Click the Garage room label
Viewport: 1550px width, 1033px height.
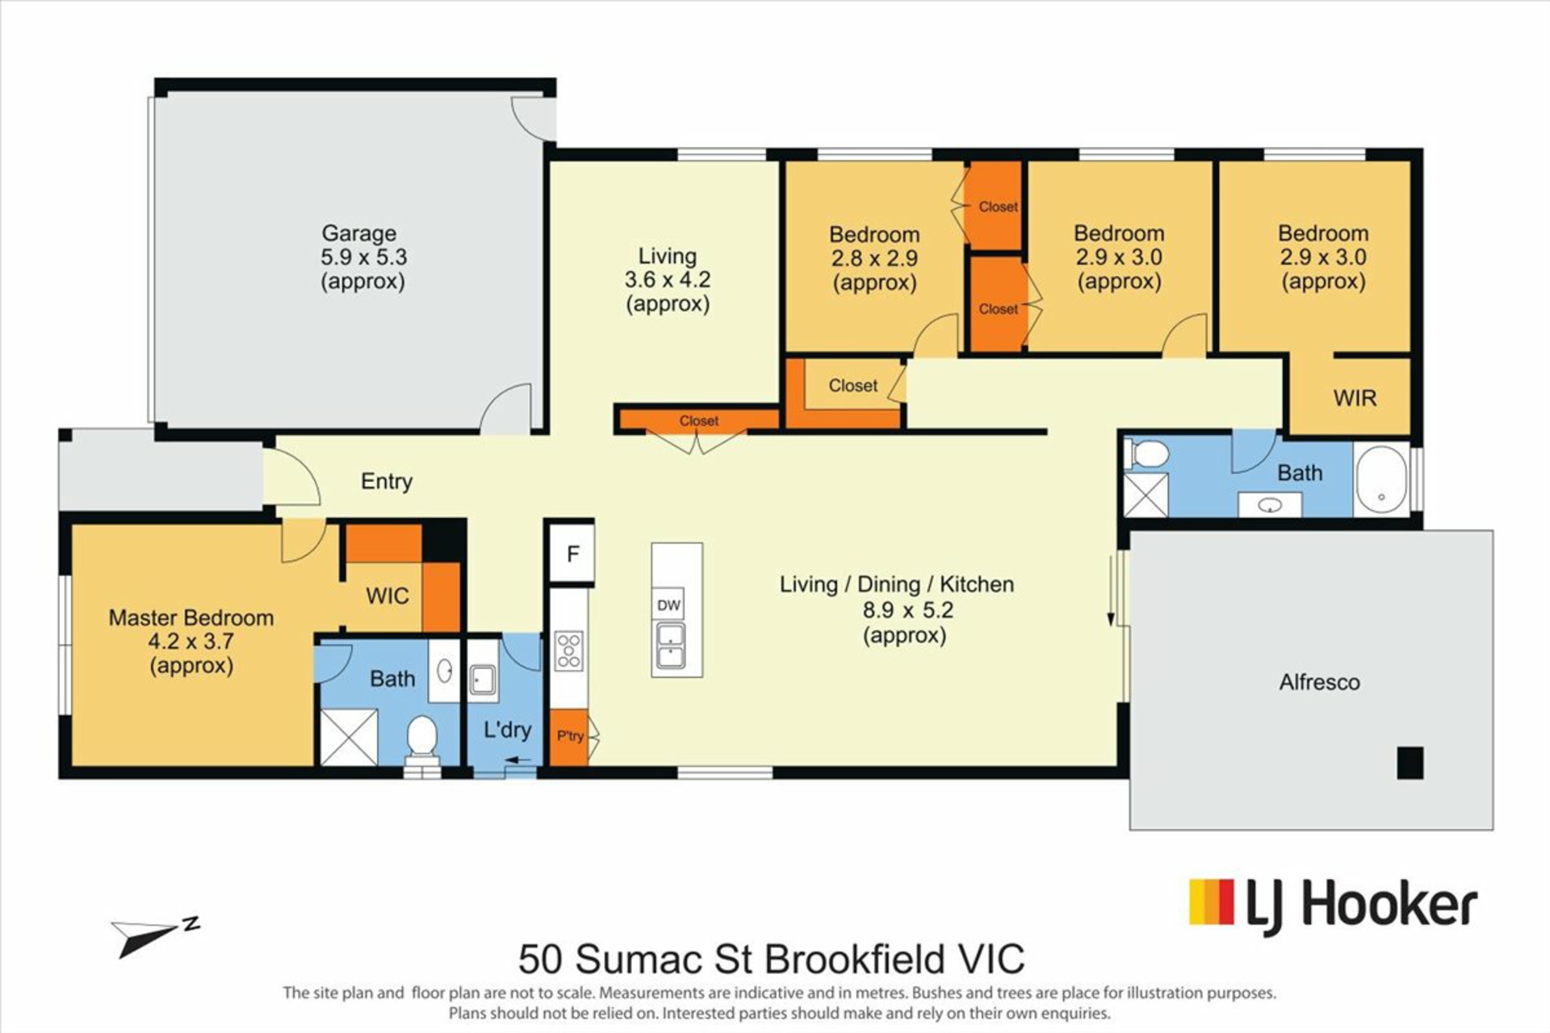pos(359,233)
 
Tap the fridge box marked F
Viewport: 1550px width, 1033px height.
pos(572,554)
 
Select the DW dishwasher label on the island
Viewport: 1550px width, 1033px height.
pos(668,605)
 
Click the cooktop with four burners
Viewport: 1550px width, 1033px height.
pos(569,651)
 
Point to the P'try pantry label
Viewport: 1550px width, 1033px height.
pos(570,736)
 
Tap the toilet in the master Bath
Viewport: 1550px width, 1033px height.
pos(422,741)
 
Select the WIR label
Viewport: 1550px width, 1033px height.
pos(1355,398)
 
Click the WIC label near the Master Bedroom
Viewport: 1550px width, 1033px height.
pos(387,596)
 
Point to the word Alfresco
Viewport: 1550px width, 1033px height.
pos(1319,683)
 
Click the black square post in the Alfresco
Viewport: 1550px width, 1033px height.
pos(1410,763)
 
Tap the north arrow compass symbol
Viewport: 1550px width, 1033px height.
pos(155,936)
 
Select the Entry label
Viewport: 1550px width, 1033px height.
pos(387,482)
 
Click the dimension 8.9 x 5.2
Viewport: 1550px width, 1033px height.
pos(908,610)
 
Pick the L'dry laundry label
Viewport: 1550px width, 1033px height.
pos(507,730)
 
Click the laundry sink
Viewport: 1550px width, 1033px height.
pos(483,680)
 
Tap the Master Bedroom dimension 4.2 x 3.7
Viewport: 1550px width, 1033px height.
pos(191,642)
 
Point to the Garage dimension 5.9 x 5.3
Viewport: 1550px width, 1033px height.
pos(363,257)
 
